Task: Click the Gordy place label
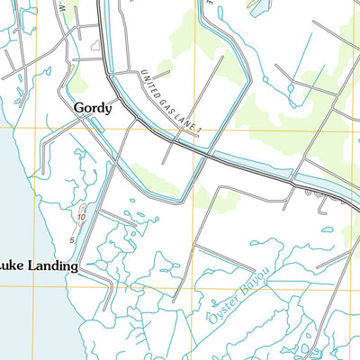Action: [x=93, y=109]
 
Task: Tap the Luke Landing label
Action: [x=39, y=266]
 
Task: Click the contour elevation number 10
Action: [x=81, y=217]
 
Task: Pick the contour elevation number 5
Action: [x=73, y=238]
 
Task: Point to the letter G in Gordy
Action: [x=78, y=108]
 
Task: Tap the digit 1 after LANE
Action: [x=204, y=133]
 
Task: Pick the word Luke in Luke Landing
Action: [x=9, y=266]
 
